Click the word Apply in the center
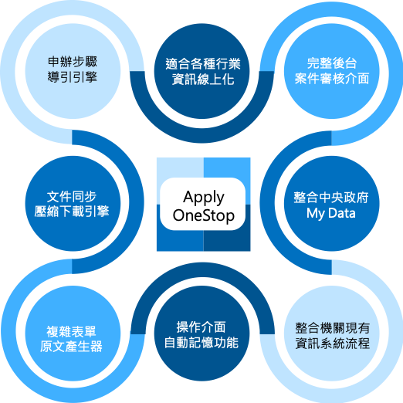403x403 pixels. [x=204, y=198]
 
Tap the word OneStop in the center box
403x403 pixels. [x=204, y=215]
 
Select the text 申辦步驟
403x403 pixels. [x=73, y=62]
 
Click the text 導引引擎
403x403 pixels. [x=73, y=77]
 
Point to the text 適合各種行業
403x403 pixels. [x=203, y=64]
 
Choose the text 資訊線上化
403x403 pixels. [x=203, y=80]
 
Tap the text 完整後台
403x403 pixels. [x=332, y=63]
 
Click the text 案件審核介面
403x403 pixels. [x=332, y=79]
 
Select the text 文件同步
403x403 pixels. [x=72, y=197]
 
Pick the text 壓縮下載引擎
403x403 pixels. [x=72, y=212]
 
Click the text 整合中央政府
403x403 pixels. [x=331, y=198]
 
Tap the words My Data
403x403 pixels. [x=331, y=213]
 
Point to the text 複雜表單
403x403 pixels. [x=71, y=331]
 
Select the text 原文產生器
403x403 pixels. [x=71, y=347]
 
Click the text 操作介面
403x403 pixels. [x=201, y=327]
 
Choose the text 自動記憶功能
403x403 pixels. [x=201, y=343]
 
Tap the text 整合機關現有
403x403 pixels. [x=333, y=328]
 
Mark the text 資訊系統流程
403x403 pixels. [x=333, y=343]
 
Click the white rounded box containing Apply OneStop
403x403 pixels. [x=203, y=204]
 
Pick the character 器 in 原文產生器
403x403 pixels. [x=97, y=347]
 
